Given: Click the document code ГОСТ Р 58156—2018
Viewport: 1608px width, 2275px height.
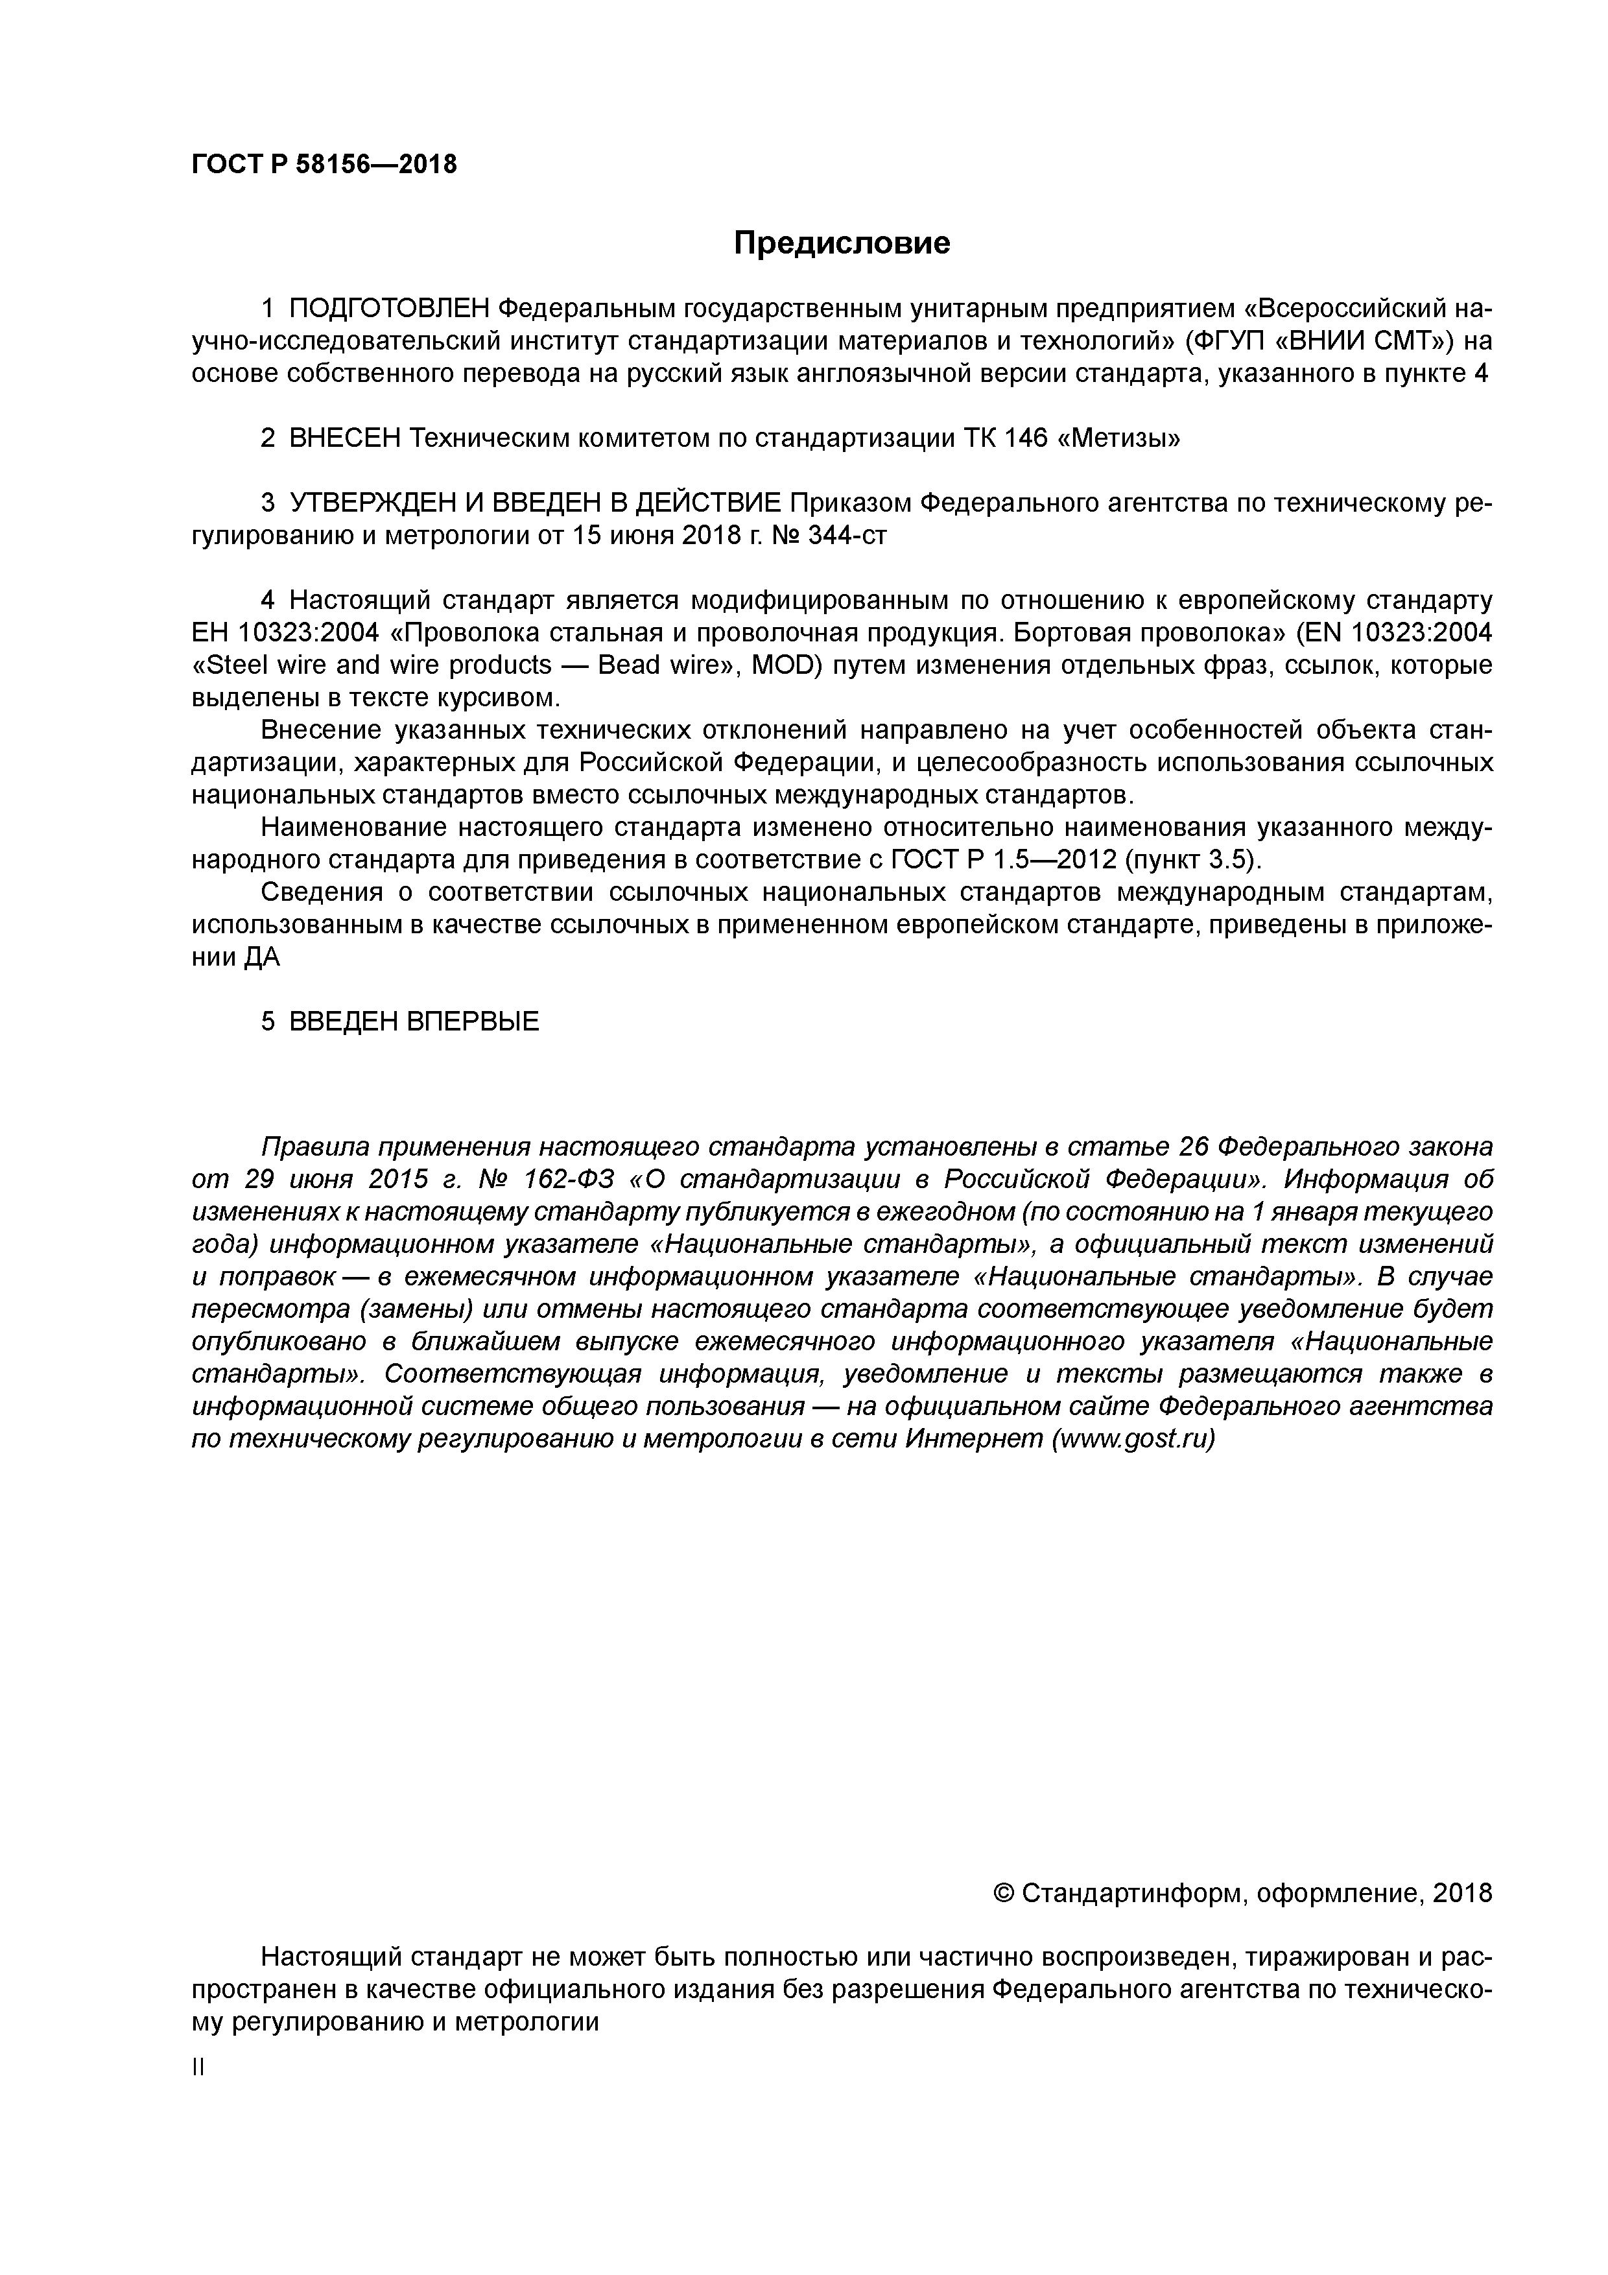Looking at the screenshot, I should tap(324, 165).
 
